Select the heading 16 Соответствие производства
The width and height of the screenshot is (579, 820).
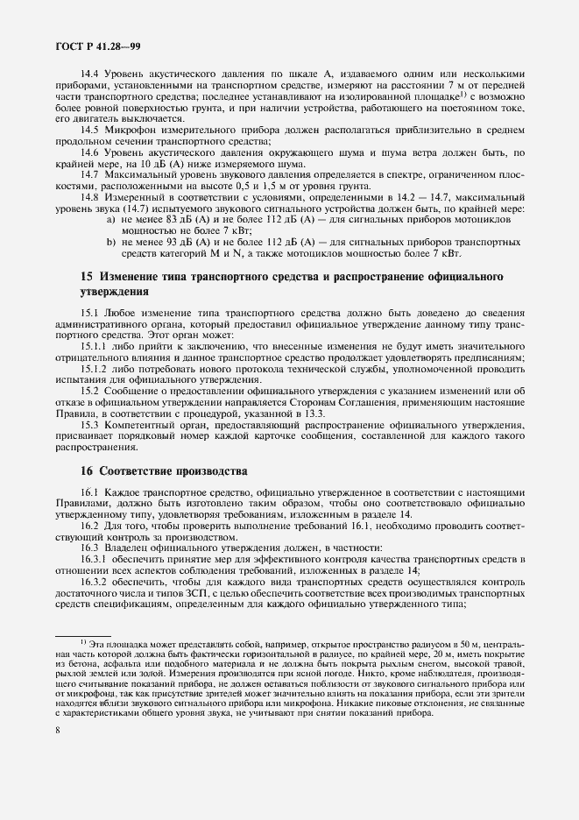tap(164, 471)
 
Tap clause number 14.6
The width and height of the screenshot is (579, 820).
tap(92, 152)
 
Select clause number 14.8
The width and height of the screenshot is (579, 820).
tap(92, 197)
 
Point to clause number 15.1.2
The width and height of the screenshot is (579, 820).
tap(95, 369)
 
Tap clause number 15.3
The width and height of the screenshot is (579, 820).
tap(92, 425)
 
